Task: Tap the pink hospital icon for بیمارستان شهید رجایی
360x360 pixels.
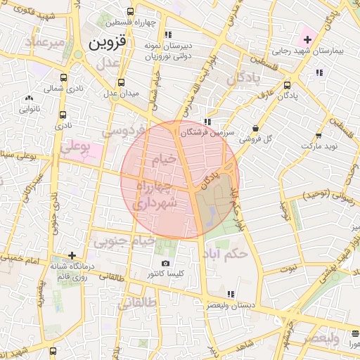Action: (x=307, y=37)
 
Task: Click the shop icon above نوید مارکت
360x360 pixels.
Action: (x=319, y=136)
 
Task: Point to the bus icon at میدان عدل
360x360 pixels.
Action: (x=121, y=82)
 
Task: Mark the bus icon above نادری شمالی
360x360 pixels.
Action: (x=64, y=79)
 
